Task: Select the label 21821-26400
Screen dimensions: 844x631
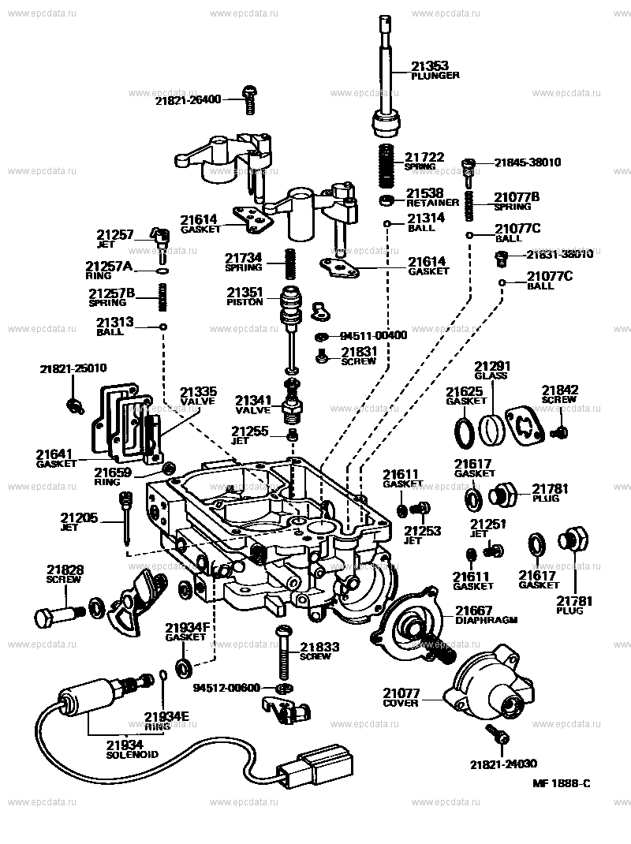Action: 188,99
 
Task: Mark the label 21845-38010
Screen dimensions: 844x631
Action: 528,162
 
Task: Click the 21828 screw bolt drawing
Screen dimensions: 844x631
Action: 57,613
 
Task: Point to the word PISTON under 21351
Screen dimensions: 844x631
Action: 245,302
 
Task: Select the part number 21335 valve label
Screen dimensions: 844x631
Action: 196,390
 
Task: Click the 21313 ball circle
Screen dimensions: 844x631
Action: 163,327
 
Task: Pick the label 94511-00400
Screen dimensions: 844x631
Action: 373,335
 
